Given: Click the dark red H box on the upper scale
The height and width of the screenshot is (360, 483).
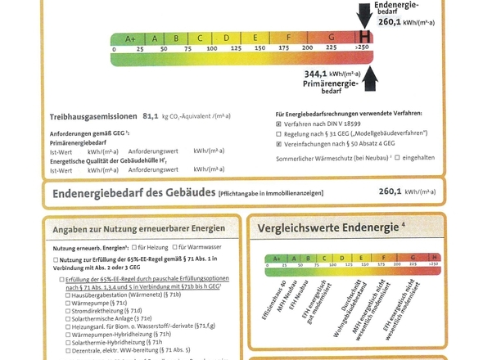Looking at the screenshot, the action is (x=363, y=37).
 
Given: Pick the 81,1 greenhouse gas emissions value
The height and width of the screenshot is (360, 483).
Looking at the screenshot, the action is (x=153, y=115).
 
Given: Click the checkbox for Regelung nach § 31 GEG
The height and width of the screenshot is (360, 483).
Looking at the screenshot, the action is (x=279, y=132).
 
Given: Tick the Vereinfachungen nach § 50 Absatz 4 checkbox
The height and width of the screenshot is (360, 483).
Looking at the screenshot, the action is (x=279, y=143).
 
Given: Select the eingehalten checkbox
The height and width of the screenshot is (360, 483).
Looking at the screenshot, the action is (x=398, y=157).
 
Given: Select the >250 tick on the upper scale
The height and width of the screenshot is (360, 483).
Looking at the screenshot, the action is (x=362, y=49).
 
